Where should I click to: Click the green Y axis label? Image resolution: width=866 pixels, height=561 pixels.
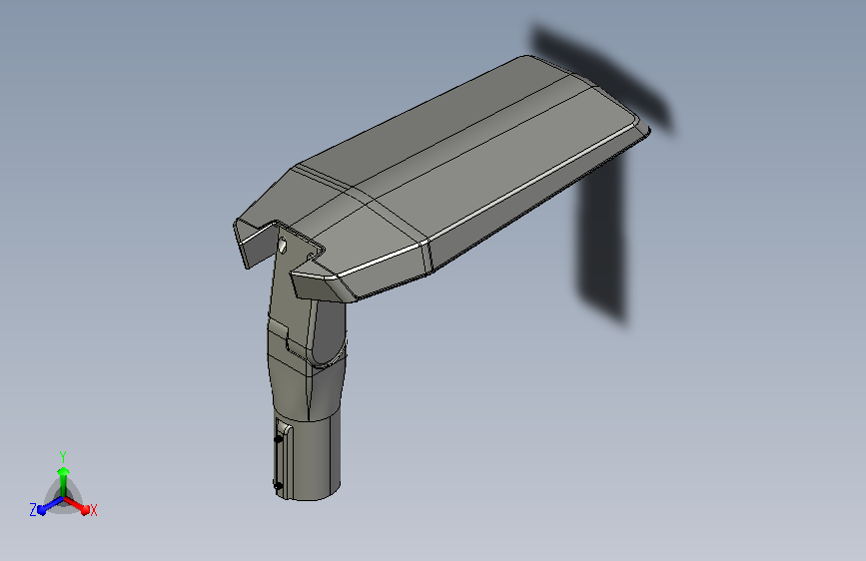pos(63,457)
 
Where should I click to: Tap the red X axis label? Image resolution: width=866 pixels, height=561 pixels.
pos(93,510)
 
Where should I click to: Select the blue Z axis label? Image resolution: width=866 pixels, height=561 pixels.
pos(33,510)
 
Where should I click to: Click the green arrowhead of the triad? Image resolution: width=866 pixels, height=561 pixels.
pos(64,472)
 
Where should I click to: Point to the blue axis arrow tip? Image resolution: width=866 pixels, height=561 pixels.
pos(42,510)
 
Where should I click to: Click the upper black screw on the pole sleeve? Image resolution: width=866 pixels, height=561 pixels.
pos(279,439)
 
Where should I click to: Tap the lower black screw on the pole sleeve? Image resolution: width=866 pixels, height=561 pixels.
pos(278,486)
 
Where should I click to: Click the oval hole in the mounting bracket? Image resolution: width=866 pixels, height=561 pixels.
pos(283,245)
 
